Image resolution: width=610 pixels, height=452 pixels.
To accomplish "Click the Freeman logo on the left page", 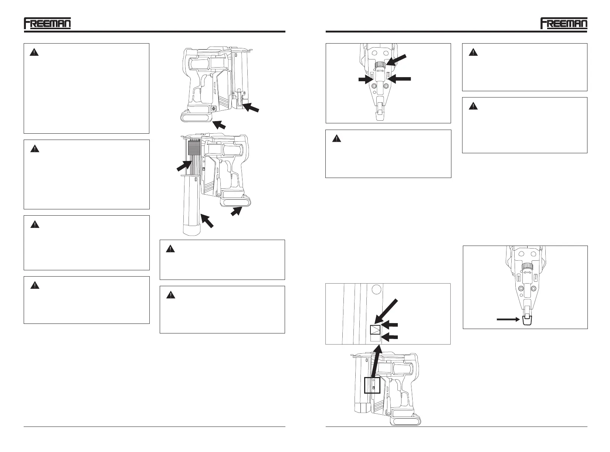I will point(47,23).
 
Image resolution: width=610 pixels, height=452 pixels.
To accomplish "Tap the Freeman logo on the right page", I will point(563,23).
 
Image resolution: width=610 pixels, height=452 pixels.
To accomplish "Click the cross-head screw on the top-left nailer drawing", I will point(213,108).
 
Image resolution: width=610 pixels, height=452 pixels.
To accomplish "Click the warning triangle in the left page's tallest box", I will point(34,52).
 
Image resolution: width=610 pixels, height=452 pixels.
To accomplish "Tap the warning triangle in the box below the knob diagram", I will point(336,139).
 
